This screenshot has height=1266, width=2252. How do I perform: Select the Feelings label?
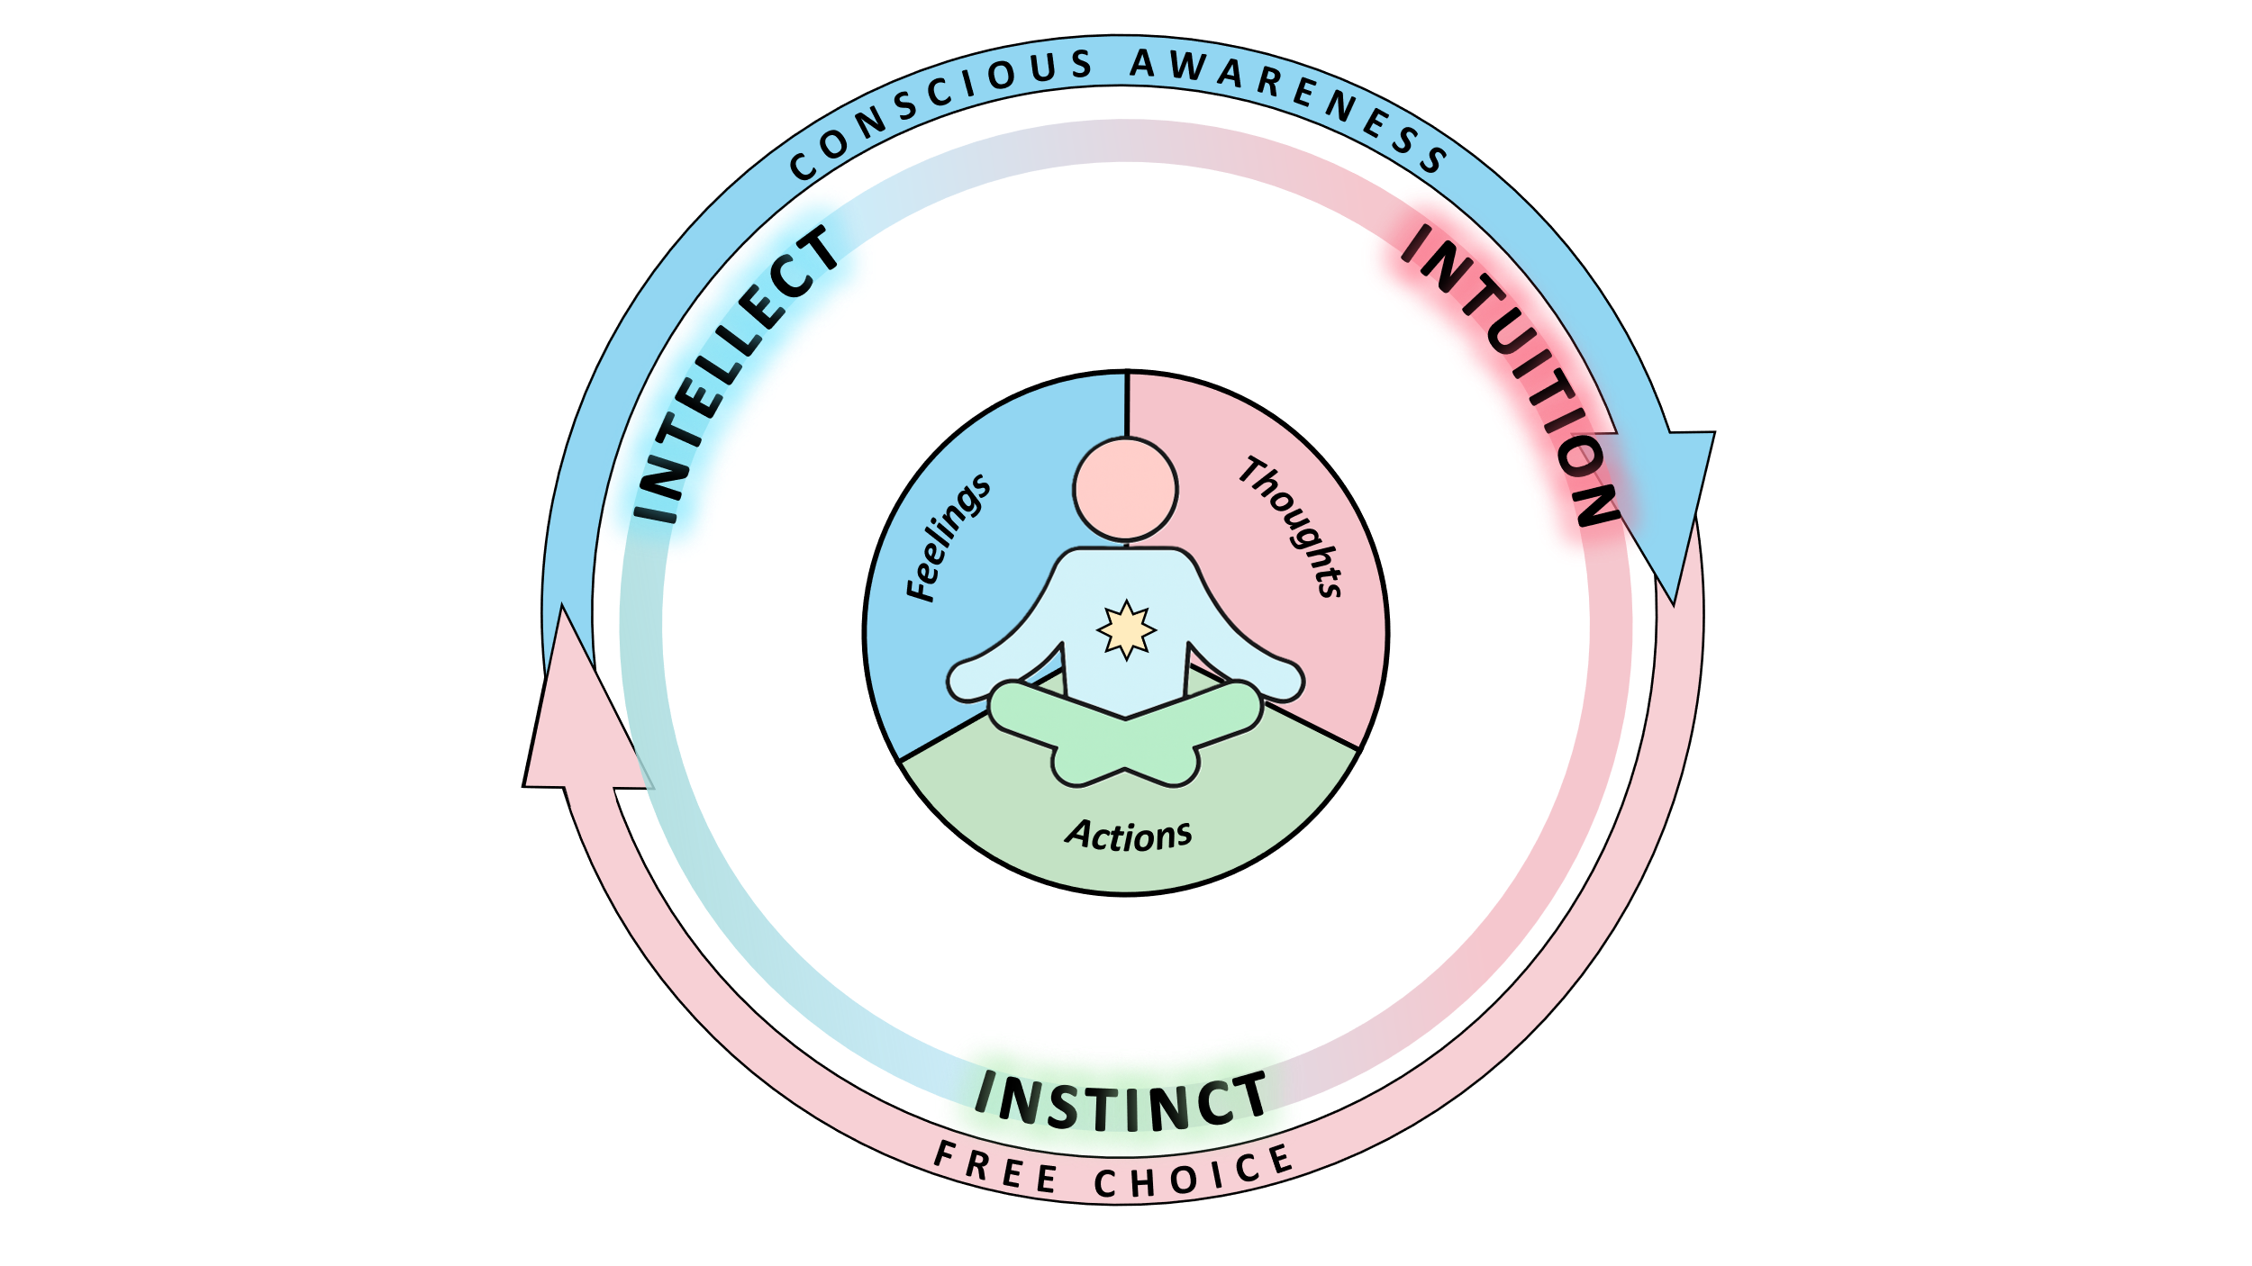[x=948, y=538]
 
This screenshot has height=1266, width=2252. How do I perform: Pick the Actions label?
[x=1129, y=835]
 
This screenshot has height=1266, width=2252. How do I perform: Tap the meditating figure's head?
[x=1125, y=490]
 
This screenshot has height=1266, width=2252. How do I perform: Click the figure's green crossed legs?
[x=1125, y=734]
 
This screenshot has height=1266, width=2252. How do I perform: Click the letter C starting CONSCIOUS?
[x=802, y=167]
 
